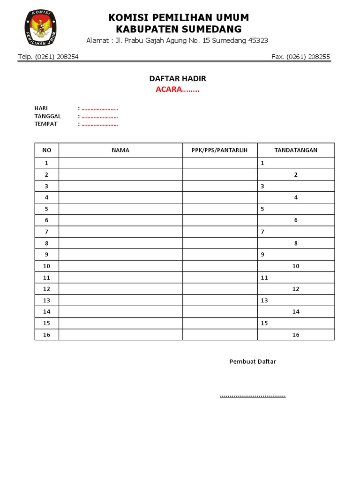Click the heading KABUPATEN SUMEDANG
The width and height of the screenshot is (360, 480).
[x=179, y=30]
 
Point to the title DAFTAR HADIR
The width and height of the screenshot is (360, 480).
[x=178, y=79]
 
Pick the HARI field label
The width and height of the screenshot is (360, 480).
[x=41, y=108]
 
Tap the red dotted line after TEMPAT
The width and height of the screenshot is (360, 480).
[x=99, y=124]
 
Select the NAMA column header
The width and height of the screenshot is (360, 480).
[x=120, y=150]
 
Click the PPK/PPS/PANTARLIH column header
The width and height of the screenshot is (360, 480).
[x=219, y=150]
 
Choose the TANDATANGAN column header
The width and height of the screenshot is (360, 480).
[x=296, y=150]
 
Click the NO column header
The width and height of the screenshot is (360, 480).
[x=46, y=150]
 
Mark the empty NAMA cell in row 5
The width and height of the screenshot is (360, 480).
[x=120, y=209]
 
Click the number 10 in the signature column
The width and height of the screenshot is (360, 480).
[x=296, y=266]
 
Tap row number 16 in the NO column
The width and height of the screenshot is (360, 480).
[x=46, y=335]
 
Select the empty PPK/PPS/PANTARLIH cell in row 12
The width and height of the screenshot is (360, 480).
[x=219, y=289]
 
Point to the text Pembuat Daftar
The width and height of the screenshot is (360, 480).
[x=253, y=361]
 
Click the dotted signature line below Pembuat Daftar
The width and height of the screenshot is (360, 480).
[x=253, y=396]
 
